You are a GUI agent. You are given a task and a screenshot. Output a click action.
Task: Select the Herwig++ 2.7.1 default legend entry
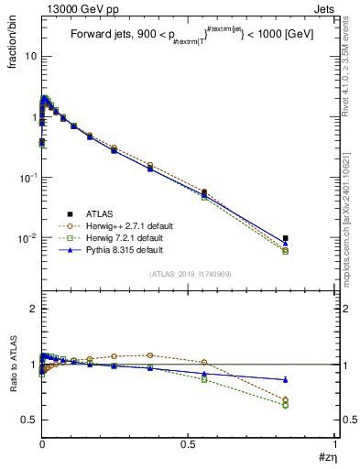point(119,224)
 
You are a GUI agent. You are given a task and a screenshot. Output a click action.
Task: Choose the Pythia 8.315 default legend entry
point(115,248)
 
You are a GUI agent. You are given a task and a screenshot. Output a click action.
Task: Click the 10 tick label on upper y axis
point(29,56)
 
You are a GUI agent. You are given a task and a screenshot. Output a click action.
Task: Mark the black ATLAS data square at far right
point(286,238)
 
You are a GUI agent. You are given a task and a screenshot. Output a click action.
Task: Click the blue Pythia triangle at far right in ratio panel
point(286,379)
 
